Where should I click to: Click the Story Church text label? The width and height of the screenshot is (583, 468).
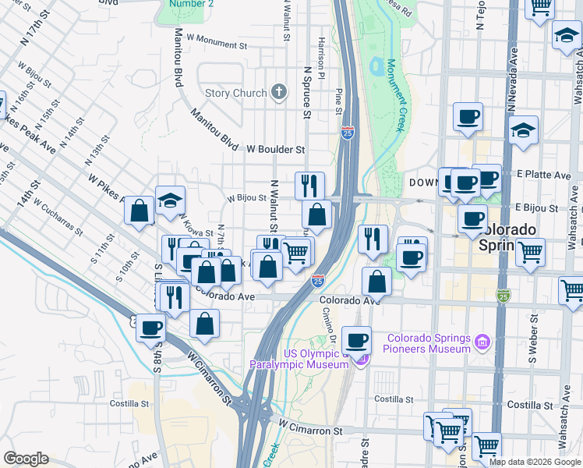(235, 94)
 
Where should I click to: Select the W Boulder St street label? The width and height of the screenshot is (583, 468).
(275, 149)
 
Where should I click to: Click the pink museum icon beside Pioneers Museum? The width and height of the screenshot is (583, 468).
(482, 342)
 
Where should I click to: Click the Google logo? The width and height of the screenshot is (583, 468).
(26, 459)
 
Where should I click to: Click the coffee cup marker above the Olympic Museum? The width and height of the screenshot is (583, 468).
(357, 339)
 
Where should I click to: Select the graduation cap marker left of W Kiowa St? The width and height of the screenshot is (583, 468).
(170, 201)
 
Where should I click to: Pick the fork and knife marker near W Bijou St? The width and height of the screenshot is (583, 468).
(309, 186)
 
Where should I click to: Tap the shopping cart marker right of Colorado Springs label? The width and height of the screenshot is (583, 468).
(530, 253)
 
